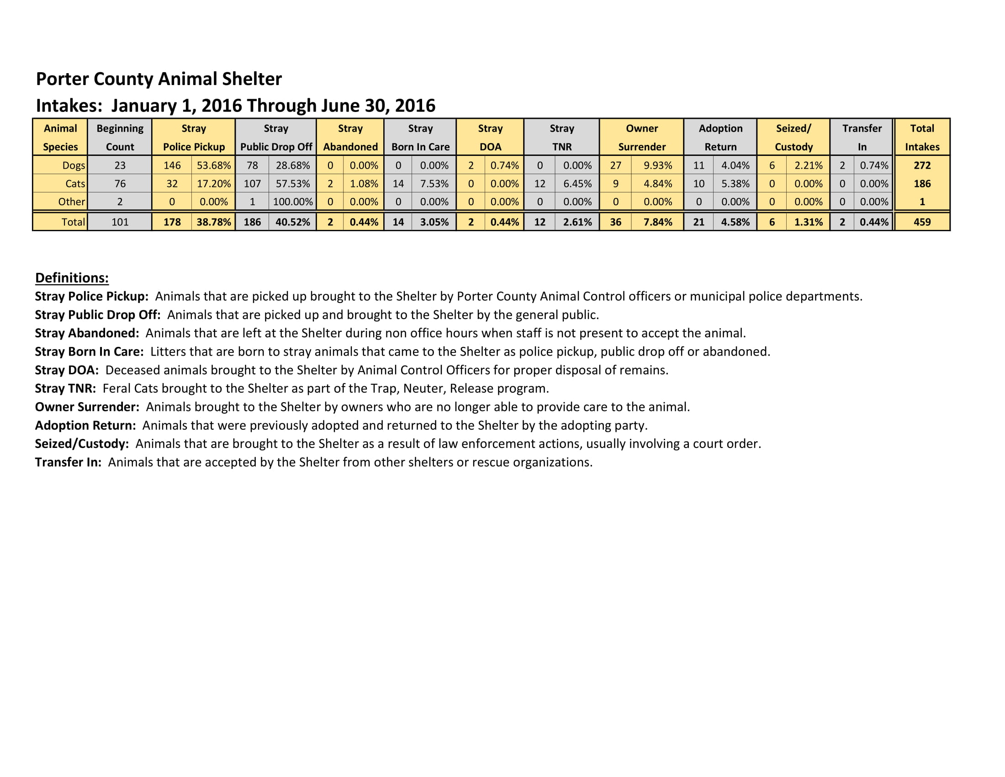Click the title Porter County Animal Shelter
coord(159,79)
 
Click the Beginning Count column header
coord(120,137)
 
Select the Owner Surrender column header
coord(641,137)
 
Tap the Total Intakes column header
coord(922,137)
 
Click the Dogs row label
coord(74,165)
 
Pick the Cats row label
coord(75,184)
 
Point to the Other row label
coord(71,202)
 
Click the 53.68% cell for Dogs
coord(213,165)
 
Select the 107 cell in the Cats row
coord(252,184)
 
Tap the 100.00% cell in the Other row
coord(293,202)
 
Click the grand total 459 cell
coord(922,222)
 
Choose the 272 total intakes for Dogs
coord(922,165)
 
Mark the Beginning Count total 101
coord(120,222)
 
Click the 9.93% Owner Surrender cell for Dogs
coord(657,165)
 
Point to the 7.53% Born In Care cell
coord(434,184)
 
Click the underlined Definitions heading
coord(72,277)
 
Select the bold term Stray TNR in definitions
coord(65,388)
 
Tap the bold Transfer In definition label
coord(68,462)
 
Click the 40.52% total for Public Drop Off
coord(293,222)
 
